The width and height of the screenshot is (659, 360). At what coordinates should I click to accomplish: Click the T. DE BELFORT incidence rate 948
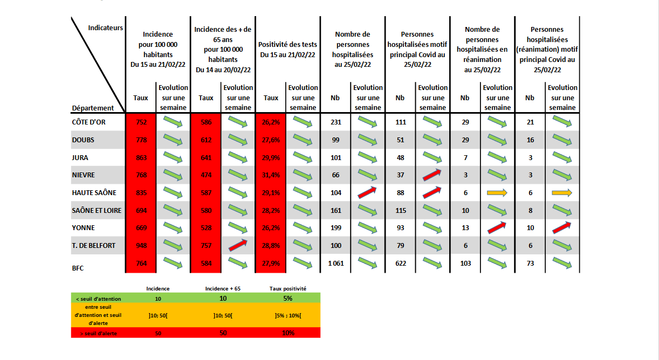141,246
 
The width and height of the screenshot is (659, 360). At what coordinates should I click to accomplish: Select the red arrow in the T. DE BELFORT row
238,246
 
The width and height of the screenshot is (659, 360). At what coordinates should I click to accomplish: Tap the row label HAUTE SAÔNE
94,193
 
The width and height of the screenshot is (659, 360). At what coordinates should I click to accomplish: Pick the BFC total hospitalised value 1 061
336,264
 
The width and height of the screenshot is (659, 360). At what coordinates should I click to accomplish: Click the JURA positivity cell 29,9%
271,158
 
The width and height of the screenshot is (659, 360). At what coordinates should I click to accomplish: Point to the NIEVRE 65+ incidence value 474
206,175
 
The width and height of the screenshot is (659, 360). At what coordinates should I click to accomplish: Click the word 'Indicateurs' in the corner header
106,27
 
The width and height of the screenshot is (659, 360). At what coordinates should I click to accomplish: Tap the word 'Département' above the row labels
93,108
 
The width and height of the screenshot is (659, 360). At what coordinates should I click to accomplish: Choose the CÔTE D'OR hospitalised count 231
336,122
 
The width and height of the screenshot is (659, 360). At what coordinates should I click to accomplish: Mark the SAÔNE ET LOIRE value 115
400,211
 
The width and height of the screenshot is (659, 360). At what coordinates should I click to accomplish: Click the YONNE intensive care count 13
465,228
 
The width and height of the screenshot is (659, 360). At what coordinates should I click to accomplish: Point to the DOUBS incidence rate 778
141,140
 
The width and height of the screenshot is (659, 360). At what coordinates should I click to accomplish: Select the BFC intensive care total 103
465,264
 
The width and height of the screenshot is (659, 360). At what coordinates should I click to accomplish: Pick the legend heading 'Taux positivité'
287,289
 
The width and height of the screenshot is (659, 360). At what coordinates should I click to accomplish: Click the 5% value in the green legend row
287,299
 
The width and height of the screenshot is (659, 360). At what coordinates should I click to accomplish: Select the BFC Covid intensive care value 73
530,264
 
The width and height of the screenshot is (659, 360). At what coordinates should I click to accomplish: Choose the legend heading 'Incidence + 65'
223,289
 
